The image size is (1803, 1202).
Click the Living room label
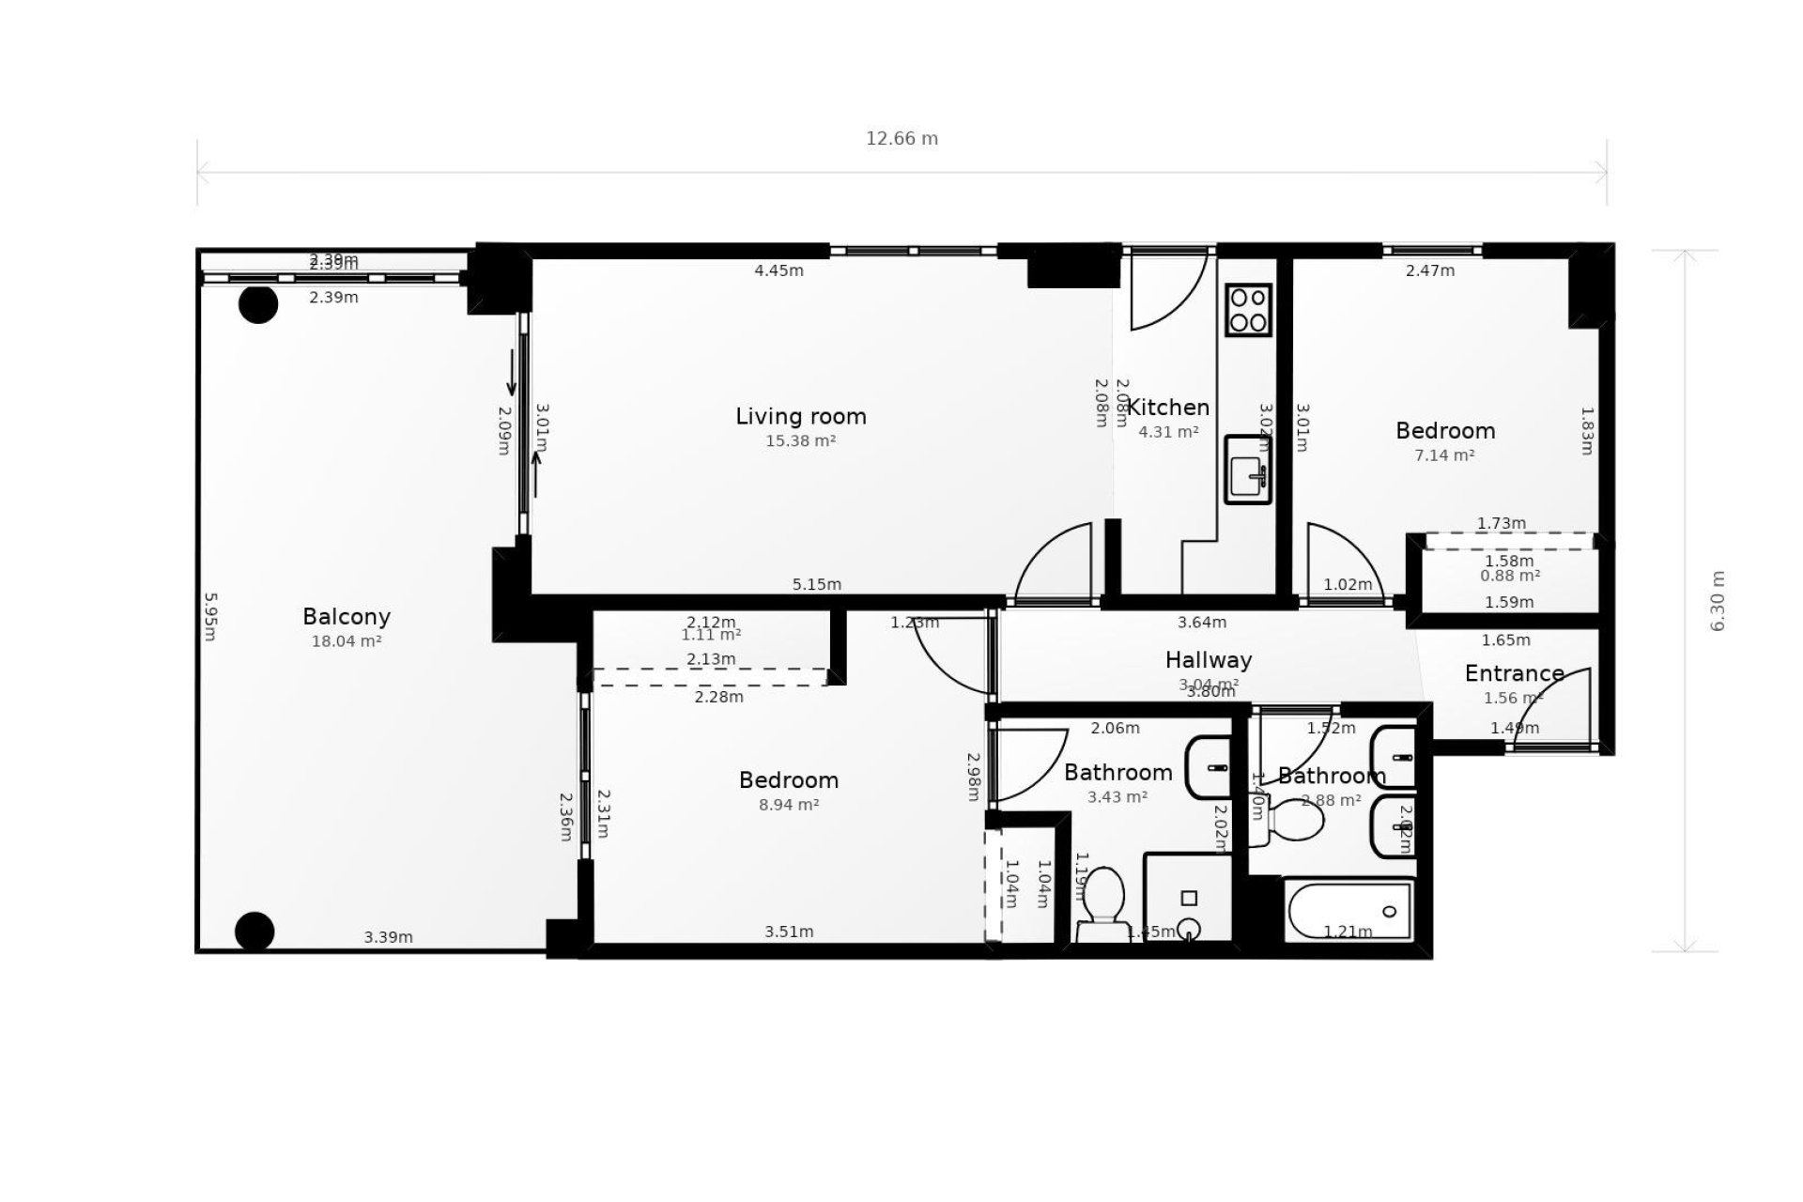click(800, 416)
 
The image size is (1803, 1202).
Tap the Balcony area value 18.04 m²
click(346, 641)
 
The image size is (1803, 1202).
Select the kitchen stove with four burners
click(1248, 310)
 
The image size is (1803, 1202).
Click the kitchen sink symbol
click(1248, 470)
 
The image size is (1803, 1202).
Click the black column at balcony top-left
click(258, 304)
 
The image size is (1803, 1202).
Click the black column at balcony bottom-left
click(254, 932)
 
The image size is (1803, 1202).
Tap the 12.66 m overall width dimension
click(901, 139)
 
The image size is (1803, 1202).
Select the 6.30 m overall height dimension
click(1718, 601)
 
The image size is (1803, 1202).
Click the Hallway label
click(1208, 660)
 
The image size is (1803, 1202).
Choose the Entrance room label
click(1514, 673)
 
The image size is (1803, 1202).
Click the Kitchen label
click(1167, 408)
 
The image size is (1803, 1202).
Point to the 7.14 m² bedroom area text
click(1444, 455)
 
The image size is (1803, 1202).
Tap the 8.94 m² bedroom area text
click(789, 805)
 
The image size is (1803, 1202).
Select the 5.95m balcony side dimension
click(210, 616)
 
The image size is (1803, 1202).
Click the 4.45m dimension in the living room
click(778, 270)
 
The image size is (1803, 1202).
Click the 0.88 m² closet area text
click(1509, 576)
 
